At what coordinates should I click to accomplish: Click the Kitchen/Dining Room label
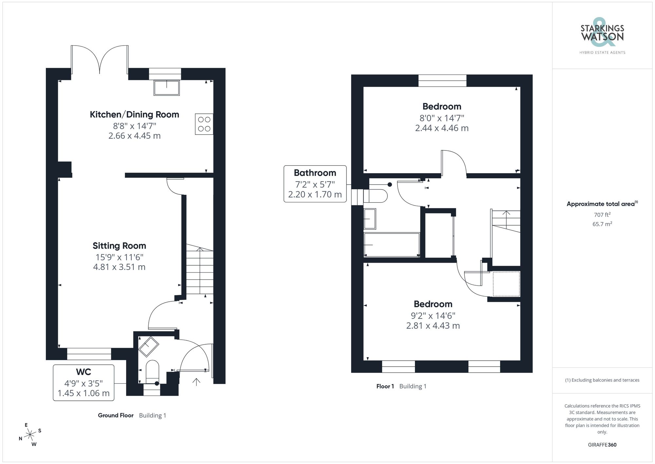pos(134,114)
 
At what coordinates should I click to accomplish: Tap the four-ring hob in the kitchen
pos(204,124)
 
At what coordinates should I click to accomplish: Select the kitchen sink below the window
pos(167,88)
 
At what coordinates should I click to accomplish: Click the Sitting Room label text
pos(119,246)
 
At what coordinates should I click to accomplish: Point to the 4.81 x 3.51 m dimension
pos(119,267)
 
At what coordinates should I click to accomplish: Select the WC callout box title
pos(84,372)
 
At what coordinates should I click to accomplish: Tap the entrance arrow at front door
pos(196,382)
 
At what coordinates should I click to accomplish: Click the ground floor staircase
pos(200,269)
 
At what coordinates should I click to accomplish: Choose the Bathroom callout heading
pos(315,173)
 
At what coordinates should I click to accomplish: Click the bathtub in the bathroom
pos(392,245)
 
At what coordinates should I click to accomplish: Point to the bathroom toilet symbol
pos(377,196)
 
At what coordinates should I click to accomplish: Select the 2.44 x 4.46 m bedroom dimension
pos(442,128)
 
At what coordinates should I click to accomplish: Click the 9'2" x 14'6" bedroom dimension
pos(433,315)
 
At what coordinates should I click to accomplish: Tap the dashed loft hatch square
pos(506,284)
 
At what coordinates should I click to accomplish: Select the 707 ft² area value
pos(602,215)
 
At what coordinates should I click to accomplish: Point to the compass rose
pos(30,435)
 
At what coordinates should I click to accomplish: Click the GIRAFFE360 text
pos(602,445)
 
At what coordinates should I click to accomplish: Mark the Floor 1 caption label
pos(385,386)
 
